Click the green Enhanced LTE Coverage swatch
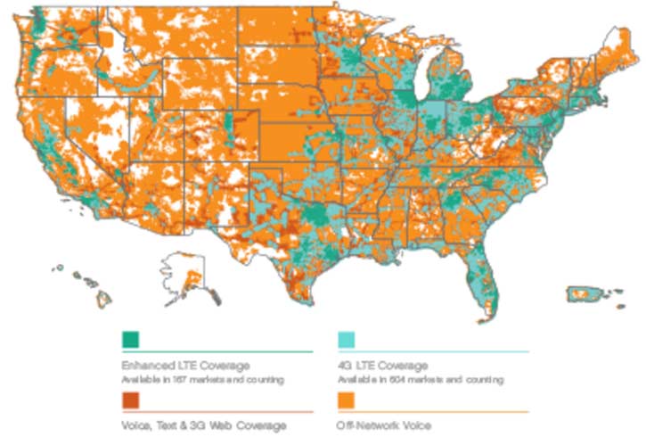(131, 340)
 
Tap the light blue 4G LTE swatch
(347, 340)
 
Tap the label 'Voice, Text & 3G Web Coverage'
(204, 425)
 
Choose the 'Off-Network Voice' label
(386, 425)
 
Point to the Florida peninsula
(481, 276)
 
